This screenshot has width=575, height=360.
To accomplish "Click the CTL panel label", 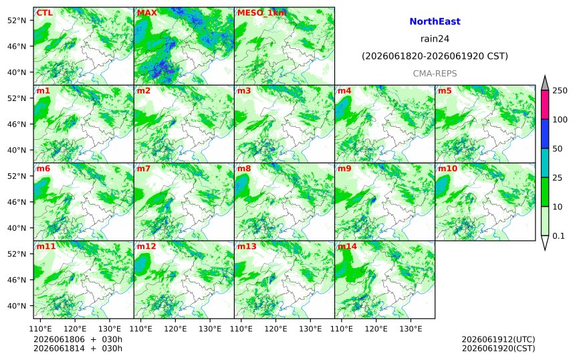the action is click(x=44, y=13).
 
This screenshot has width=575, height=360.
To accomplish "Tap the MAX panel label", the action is click(x=146, y=13).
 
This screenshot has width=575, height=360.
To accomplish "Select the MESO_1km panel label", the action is click(x=262, y=13).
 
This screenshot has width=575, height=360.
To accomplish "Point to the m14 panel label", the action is click(x=347, y=246).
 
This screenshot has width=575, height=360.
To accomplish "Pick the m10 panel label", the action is click(x=448, y=169).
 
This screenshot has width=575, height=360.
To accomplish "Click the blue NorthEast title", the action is click(x=435, y=21).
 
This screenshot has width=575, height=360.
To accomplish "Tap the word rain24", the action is click(x=435, y=39).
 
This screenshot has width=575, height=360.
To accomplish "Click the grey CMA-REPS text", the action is click(x=435, y=74).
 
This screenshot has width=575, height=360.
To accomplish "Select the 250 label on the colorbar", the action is click(x=560, y=90).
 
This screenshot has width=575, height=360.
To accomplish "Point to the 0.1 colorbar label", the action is click(x=558, y=236).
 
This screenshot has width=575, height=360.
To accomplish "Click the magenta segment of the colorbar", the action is click(x=545, y=104).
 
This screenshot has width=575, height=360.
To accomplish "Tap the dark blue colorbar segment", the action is click(x=545, y=134).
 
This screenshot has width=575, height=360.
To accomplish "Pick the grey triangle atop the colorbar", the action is click(x=545, y=83).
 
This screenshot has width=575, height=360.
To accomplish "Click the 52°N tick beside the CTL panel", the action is click(x=17, y=20).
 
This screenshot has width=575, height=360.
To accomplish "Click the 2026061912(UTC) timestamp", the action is click(x=498, y=339).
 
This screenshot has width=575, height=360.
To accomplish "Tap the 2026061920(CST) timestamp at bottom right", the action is click(x=498, y=348).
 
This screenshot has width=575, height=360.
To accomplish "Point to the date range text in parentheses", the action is click(x=435, y=56).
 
